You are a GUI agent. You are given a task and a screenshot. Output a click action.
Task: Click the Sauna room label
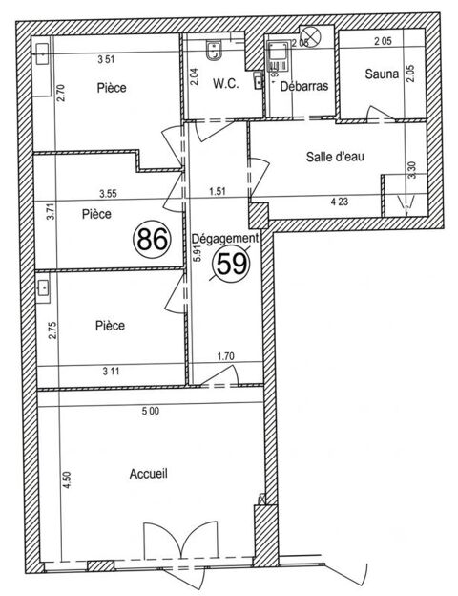[382, 74]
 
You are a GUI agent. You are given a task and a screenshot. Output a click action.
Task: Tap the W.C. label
[226, 84]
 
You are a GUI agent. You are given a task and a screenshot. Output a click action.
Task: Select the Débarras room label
[303, 86]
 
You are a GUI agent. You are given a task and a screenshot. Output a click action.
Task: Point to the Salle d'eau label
[335, 157]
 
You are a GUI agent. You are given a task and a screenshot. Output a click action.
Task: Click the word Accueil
[149, 474]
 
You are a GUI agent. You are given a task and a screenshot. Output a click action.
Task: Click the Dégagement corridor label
[225, 239]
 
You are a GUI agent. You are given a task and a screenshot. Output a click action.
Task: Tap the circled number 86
[153, 240]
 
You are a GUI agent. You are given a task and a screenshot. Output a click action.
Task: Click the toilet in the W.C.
[214, 51]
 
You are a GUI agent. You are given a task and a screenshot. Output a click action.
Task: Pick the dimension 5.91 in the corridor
[197, 252]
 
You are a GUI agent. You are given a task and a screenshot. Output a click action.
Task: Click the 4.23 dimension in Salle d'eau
[340, 202]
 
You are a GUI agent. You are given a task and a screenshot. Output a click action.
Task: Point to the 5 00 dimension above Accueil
[151, 411]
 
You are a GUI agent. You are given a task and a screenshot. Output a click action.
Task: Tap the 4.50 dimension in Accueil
[67, 479]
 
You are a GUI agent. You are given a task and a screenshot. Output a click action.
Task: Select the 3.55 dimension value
[108, 194]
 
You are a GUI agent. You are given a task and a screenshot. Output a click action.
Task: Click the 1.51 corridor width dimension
[218, 191]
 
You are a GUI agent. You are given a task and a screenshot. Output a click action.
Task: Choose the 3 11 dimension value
[111, 371]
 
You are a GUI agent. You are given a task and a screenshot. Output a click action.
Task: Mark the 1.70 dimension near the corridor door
[225, 356]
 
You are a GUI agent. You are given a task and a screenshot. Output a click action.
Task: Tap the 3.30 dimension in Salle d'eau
[413, 170]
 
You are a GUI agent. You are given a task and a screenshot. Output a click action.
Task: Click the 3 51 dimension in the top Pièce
[106, 59]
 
